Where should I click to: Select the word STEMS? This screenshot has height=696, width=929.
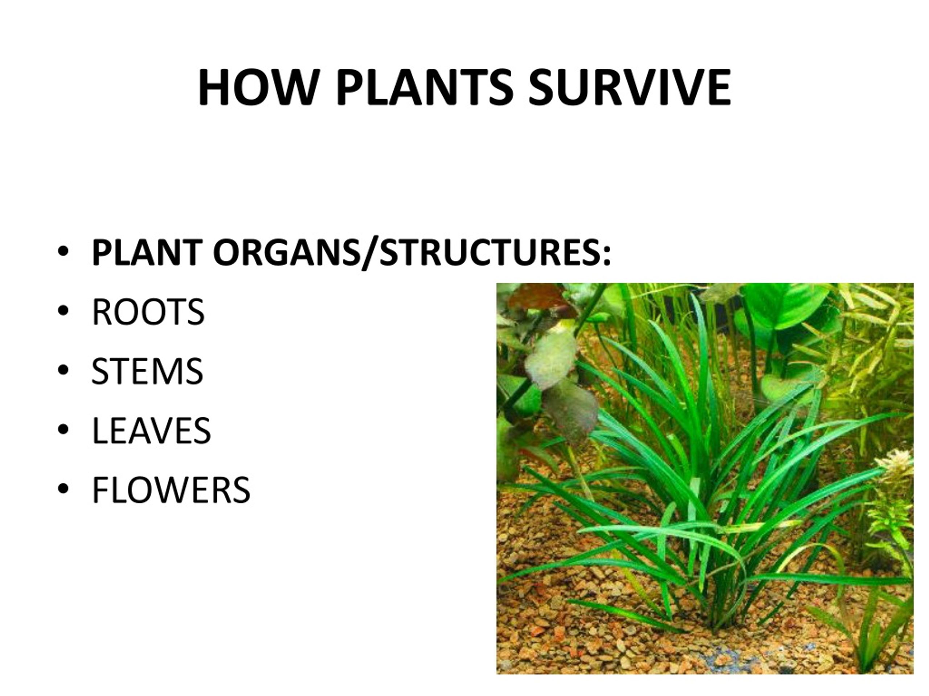coord(147,371)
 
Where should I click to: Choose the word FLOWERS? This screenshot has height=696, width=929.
coord(171,490)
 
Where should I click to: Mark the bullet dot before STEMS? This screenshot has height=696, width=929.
coord(63,370)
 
